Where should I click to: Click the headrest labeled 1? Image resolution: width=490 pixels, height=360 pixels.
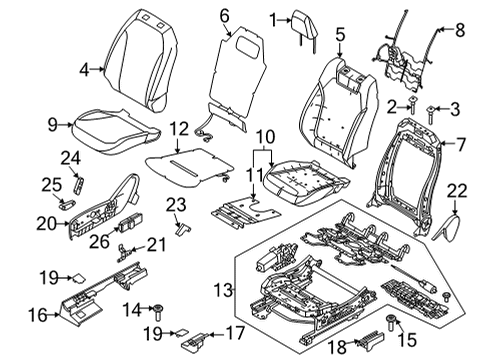click(x=301, y=23)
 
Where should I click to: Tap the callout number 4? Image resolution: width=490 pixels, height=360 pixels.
click(x=84, y=70)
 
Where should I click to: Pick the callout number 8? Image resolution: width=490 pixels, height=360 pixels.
click(x=460, y=31)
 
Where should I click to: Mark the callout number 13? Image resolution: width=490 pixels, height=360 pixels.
click(x=221, y=291)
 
